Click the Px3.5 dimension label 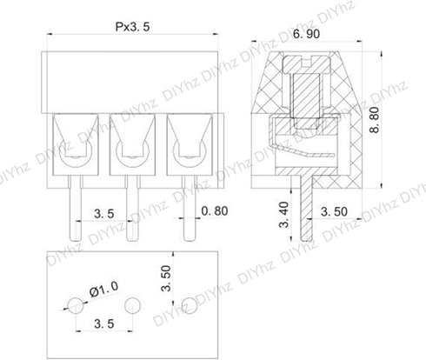click(x=133, y=27)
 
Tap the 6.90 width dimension click(x=306, y=34)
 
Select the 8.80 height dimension click(x=375, y=120)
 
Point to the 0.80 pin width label click(x=215, y=211)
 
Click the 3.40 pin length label click(x=284, y=215)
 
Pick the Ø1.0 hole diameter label click(x=103, y=290)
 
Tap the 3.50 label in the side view click(x=334, y=211)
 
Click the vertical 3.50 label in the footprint click(x=167, y=278)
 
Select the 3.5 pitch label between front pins click(x=104, y=214)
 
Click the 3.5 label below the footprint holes click(x=104, y=323)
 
